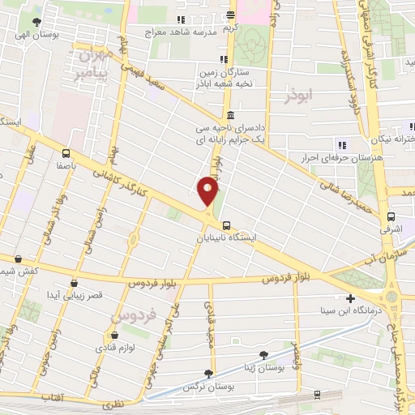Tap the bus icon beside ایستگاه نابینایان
coord(226,226)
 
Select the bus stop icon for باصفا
coord(66,153)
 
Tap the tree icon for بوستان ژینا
coord(263,354)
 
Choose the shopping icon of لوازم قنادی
coord(114,335)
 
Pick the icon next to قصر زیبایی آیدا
coord(75,284)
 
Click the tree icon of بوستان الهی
coord(36,23)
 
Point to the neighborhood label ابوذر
coord(299,96)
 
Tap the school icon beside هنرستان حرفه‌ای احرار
coord(340,145)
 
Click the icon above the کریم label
coord(232,15)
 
